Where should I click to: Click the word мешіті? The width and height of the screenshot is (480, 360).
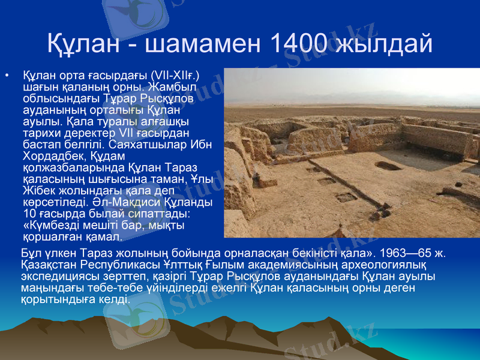[x=106, y=224]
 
